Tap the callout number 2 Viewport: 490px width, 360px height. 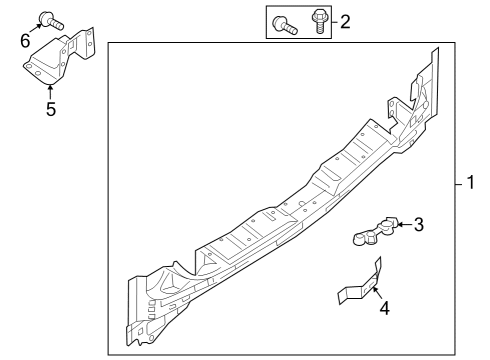[x=346, y=21]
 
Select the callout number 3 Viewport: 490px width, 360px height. [x=419, y=225]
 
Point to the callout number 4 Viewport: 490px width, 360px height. [x=383, y=308]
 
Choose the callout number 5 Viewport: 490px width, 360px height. [x=50, y=108]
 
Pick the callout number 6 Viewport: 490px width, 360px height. [x=25, y=40]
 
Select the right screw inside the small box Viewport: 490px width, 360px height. [x=320, y=20]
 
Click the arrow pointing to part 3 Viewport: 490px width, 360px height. [x=403, y=225]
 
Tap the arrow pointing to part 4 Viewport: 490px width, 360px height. [x=376, y=294]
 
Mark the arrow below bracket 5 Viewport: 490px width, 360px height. [x=50, y=89]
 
